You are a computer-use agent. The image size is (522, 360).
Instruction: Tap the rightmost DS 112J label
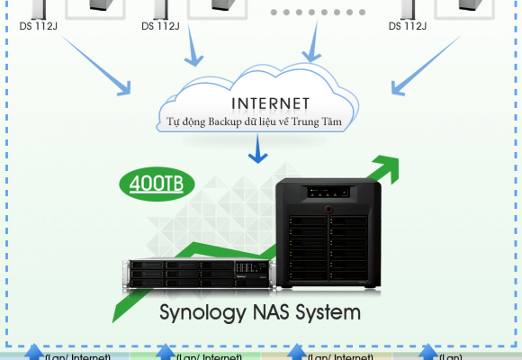pos(408,26)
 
